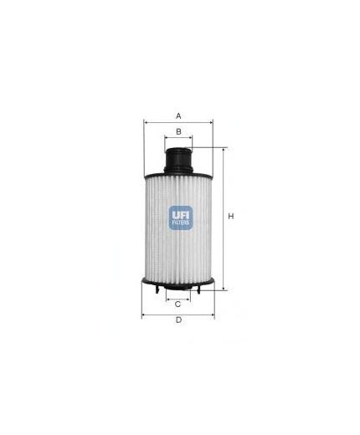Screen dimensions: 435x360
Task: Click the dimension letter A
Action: click(178, 114)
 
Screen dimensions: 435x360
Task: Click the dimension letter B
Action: click(178, 130)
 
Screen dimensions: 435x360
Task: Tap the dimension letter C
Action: click(178, 304)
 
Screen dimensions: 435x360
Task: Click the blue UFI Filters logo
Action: click(180, 217)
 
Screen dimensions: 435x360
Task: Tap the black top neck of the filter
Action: click(178, 157)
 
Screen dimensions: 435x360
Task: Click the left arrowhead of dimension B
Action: click(166, 139)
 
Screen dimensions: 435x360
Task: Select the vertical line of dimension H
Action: click(223, 251)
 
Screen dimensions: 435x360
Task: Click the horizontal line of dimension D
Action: click(178, 315)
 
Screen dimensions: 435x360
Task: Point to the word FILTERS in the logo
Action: click(180, 224)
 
